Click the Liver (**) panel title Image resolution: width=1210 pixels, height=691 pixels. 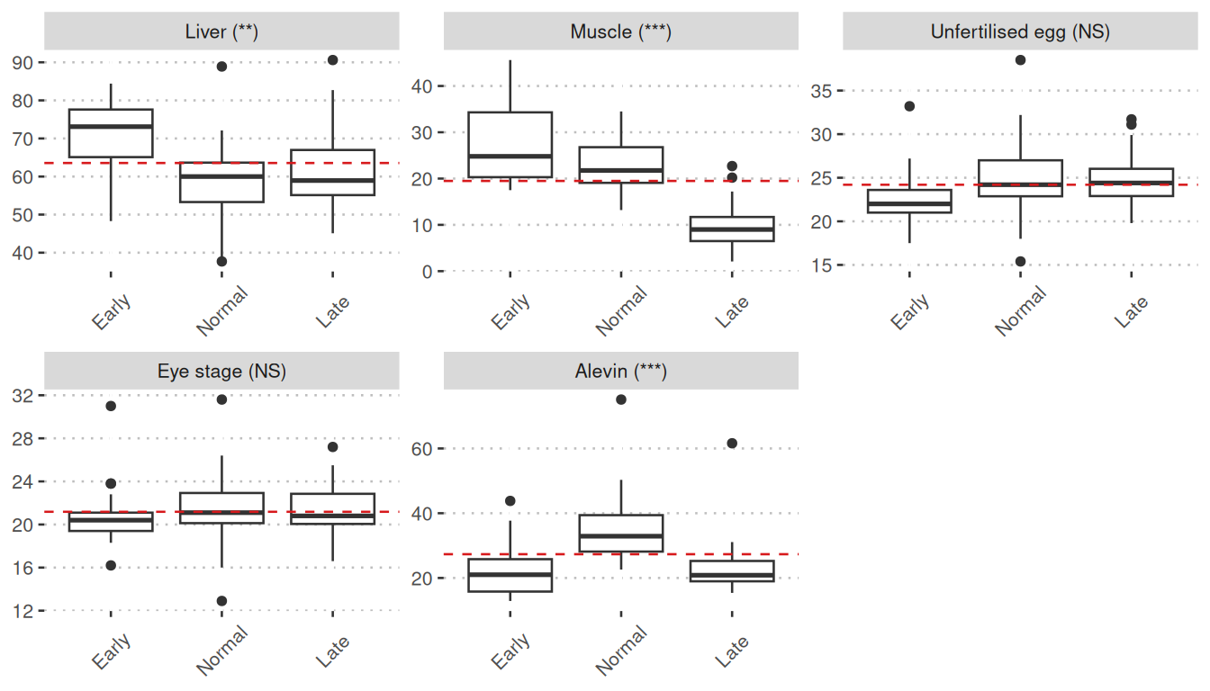(x=221, y=32)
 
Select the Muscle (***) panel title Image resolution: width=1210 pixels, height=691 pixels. (x=620, y=32)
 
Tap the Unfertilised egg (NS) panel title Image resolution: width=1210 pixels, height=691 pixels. (x=1020, y=32)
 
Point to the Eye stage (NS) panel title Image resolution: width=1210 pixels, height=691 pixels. (x=221, y=372)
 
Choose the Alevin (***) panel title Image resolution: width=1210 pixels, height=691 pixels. (x=620, y=372)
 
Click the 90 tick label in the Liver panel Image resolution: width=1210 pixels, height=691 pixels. (x=24, y=62)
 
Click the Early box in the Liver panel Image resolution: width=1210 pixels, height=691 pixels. (x=111, y=133)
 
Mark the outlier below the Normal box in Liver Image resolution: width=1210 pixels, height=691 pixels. (x=221, y=262)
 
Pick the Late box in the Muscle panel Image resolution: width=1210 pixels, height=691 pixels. (x=732, y=229)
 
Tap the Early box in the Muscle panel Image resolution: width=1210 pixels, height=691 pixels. (x=510, y=144)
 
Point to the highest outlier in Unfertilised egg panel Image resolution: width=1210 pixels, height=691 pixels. (x=1020, y=60)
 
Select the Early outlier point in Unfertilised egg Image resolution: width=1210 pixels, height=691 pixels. (x=909, y=106)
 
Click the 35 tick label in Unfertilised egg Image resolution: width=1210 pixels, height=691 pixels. (x=821, y=91)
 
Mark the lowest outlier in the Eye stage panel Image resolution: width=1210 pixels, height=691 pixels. (x=221, y=601)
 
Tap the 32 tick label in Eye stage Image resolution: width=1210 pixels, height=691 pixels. (x=24, y=396)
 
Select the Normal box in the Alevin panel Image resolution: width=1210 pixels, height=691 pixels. (x=621, y=533)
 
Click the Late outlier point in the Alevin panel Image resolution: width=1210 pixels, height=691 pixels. (x=732, y=444)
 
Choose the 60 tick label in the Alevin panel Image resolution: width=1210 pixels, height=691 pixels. (x=423, y=448)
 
